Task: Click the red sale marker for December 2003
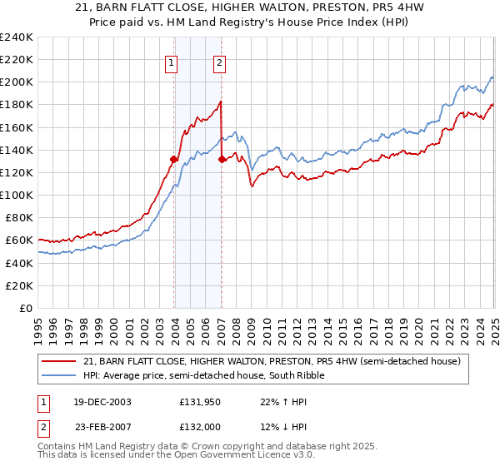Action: tap(174, 159)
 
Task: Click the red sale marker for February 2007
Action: tap(222, 159)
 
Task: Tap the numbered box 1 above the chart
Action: tap(171, 62)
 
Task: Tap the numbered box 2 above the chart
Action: tap(219, 62)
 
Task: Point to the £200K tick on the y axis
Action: tap(17, 82)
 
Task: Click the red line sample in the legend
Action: tap(60, 361)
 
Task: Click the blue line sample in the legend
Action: tap(60, 375)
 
